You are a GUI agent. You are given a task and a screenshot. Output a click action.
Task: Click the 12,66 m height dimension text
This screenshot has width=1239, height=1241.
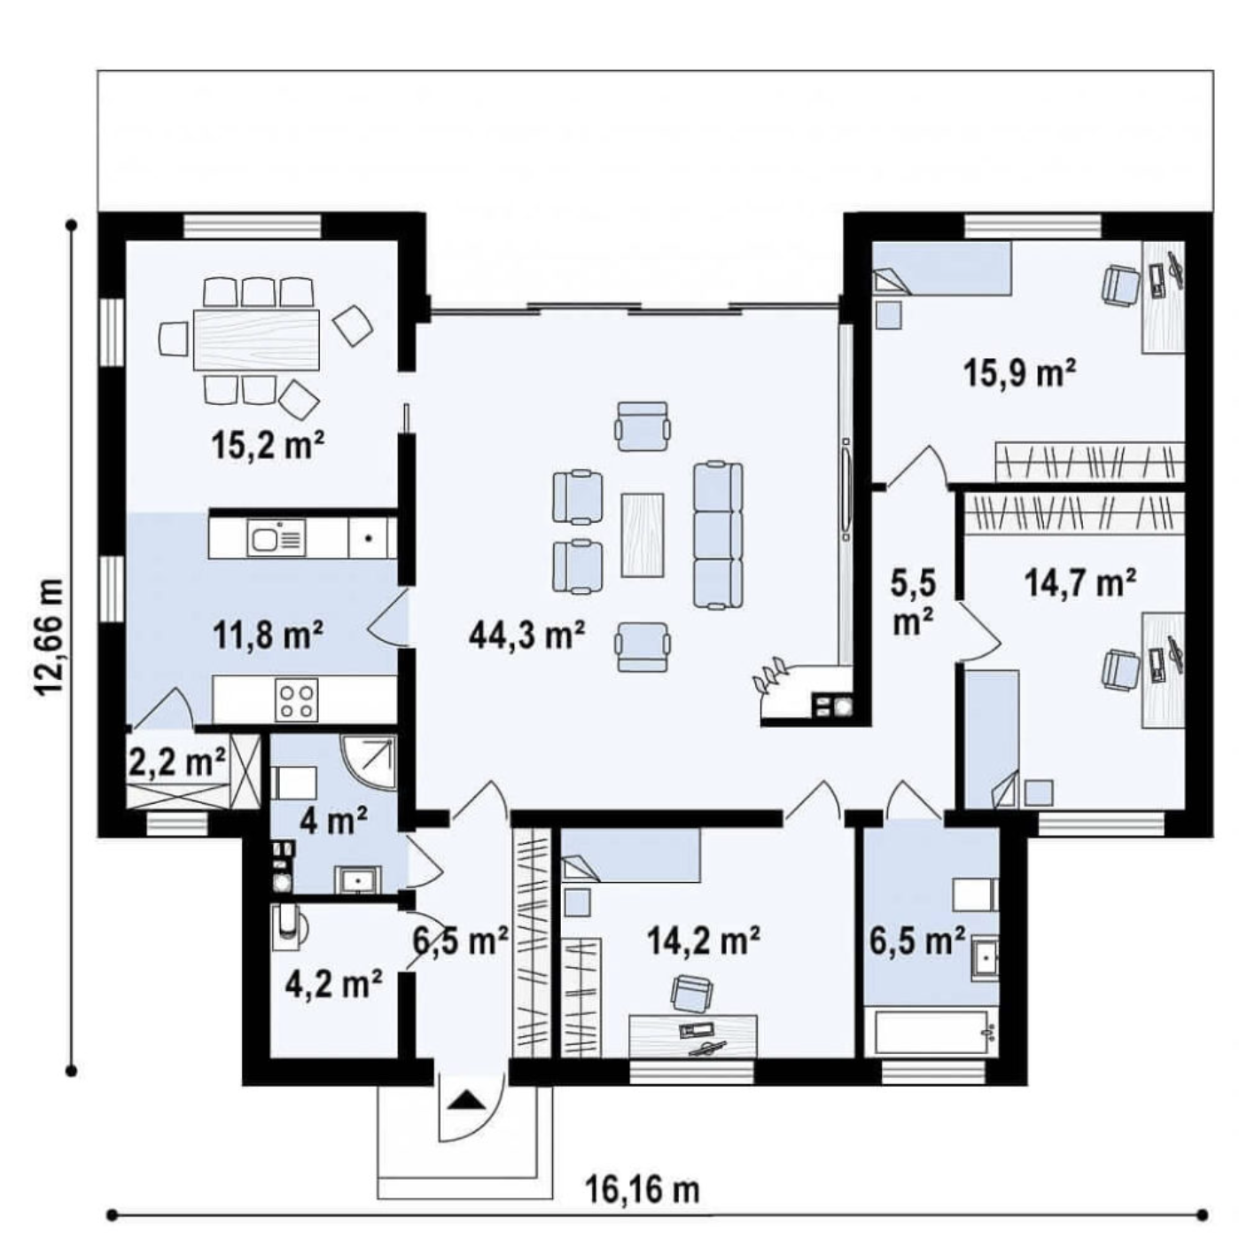point(49,636)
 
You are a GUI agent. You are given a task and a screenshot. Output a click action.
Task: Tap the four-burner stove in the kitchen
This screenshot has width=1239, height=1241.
point(297,701)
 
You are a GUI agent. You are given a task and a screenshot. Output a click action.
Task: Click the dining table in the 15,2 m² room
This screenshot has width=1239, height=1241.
point(257,340)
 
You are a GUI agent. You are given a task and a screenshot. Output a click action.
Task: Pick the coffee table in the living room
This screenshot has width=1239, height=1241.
point(642,535)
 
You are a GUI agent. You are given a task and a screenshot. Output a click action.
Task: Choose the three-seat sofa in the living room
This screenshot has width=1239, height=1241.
point(717,535)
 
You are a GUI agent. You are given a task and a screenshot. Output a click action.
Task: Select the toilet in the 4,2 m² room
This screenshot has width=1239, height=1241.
point(289,928)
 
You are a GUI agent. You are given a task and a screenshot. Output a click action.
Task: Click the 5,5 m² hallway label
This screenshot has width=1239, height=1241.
point(914,604)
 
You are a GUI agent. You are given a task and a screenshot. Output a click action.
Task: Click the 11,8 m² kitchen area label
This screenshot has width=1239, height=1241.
point(268,635)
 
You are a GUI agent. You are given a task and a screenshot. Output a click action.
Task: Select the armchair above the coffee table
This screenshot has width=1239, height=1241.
point(642,426)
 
